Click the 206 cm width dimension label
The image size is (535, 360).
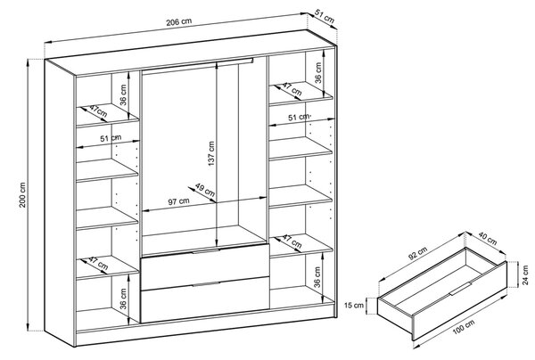click(179, 21)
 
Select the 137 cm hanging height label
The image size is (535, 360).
click(211, 153)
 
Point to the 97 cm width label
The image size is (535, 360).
click(179, 201)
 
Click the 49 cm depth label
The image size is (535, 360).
click(205, 189)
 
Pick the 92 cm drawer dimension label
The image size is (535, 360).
click(416, 254)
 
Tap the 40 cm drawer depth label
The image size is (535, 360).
click(487, 238)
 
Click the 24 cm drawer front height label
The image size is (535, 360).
click(525, 274)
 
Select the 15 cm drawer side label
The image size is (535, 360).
click(354, 305)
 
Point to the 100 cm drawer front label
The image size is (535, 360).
click(463, 328)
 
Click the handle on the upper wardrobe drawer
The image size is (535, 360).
click(206, 251)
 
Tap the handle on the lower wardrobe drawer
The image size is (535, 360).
click(206, 284)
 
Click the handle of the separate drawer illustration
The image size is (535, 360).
click(460, 289)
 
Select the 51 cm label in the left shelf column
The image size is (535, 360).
click(111, 138)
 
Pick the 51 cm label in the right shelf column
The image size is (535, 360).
click(299, 118)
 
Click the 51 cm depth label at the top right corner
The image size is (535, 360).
click(324, 18)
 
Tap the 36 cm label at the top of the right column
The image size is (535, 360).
click(318, 72)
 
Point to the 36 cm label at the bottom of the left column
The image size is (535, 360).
click(123, 299)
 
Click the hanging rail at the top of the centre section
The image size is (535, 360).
click(198, 65)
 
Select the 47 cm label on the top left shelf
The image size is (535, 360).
click(98, 111)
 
